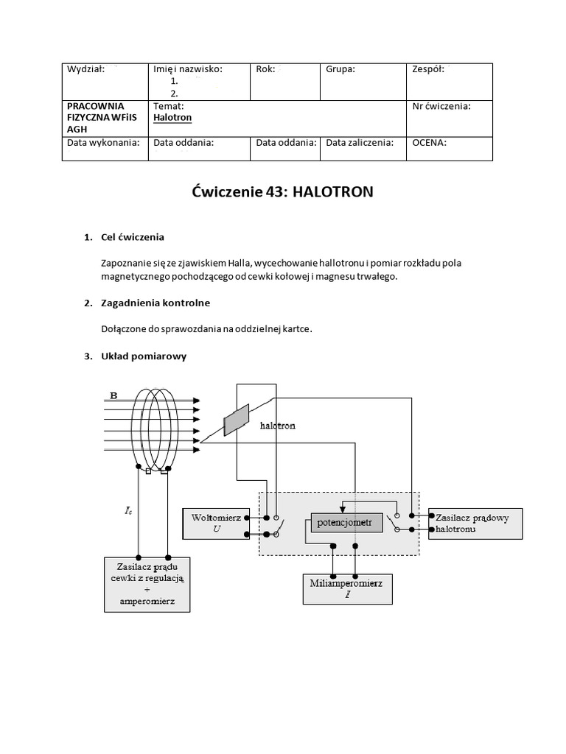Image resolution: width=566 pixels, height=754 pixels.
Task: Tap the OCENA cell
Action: pyautogui.click(x=451, y=148)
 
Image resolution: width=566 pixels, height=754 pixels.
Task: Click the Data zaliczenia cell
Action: pyautogui.click(x=364, y=148)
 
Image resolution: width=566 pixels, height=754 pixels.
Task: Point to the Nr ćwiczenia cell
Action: pyautogui.click(x=451, y=117)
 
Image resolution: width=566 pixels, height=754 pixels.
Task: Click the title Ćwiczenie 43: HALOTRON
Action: pyautogui.click(x=283, y=193)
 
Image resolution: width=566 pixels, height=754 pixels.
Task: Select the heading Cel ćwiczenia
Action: pyautogui.click(x=133, y=237)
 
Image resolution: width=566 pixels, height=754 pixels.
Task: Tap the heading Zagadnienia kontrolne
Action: pyautogui.click(x=156, y=303)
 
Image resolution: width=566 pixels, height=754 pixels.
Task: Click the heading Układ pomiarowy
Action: pyautogui.click(x=144, y=356)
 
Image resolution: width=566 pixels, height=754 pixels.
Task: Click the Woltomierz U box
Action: pyautogui.click(x=216, y=524)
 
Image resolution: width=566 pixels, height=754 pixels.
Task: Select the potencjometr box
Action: pyautogui.click(x=344, y=523)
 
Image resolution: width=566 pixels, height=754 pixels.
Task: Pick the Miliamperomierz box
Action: pyautogui.click(x=347, y=588)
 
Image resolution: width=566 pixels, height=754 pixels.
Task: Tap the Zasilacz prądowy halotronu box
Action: pyautogui.click(x=475, y=524)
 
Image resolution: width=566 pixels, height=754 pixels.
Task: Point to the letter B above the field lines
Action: pyautogui.click(x=113, y=395)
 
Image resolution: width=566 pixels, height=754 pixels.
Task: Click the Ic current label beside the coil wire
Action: pyautogui.click(x=129, y=509)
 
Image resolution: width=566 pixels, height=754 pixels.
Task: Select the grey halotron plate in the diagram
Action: pyautogui.click(x=237, y=420)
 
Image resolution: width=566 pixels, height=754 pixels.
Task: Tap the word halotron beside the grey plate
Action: pyautogui.click(x=277, y=425)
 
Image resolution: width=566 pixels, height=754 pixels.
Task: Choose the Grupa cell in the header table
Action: pyautogui.click(x=364, y=81)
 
